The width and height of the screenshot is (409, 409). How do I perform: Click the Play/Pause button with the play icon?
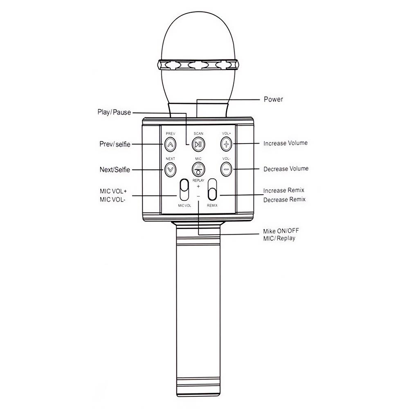tap(198, 144)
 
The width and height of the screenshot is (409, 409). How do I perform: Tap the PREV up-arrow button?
tap(170, 144)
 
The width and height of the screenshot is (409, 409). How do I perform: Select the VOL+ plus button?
tap(226, 144)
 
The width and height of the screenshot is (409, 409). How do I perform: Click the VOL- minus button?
tap(226, 169)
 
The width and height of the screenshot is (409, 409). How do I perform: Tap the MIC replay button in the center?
tap(198, 169)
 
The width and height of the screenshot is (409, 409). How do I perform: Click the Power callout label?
tap(273, 99)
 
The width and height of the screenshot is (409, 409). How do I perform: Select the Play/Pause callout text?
tap(114, 112)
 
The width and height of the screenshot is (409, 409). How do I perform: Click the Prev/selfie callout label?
tap(115, 144)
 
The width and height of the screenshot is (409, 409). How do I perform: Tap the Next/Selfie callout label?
tap(115, 170)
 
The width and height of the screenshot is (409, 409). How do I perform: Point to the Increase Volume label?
tap(285, 143)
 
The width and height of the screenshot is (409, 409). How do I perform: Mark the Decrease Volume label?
tap(286, 169)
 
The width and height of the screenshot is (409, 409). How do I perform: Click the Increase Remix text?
tap(284, 191)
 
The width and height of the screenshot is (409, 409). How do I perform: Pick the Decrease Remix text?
tap(284, 200)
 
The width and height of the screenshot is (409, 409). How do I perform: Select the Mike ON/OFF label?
tap(281, 231)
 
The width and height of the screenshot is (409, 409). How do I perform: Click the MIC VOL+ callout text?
tap(113, 191)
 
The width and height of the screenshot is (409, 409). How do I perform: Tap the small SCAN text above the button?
tap(198, 134)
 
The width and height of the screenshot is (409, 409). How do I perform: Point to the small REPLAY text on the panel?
tap(198, 180)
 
